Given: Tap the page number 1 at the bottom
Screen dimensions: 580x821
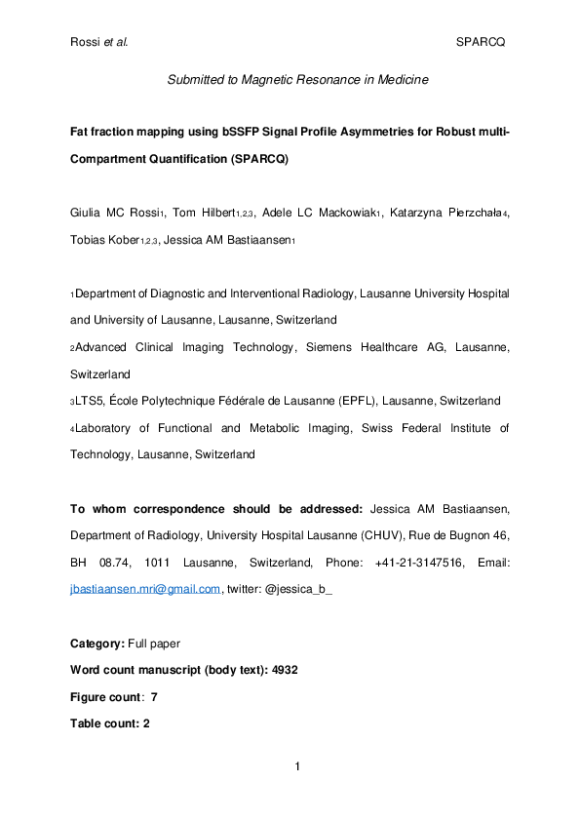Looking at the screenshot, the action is tap(296, 767).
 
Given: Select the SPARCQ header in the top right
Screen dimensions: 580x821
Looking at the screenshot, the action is tap(480, 43).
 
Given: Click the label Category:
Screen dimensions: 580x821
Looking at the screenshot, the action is tap(97, 644).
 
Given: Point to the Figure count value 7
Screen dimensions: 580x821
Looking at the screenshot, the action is tap(154, 697).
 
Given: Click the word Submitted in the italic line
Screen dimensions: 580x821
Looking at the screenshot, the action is tap(197, 81).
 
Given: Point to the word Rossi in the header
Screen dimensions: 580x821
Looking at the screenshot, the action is tap(87, 43).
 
